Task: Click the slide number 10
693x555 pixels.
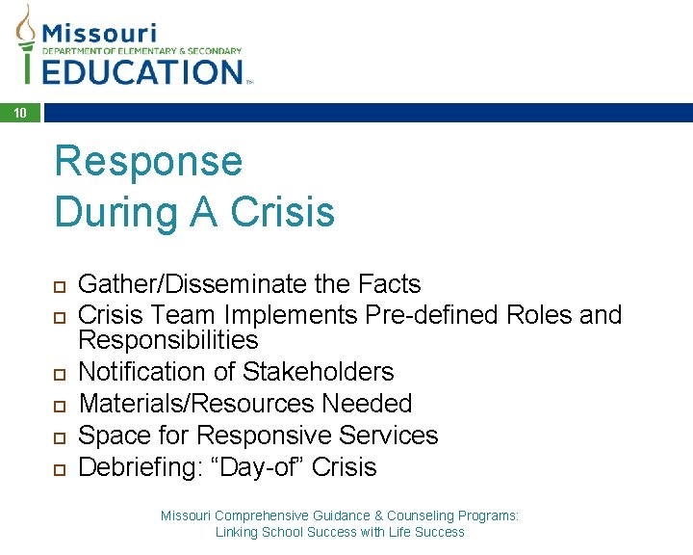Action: tap(20, 114)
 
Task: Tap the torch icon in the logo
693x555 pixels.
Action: tap(26, 43)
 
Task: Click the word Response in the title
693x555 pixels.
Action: tap(148, 161)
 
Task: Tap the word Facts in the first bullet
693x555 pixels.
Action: tap(390, 284)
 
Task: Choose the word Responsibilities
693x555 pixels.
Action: tap(168, 340)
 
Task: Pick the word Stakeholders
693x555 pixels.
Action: tap(319, 372)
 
